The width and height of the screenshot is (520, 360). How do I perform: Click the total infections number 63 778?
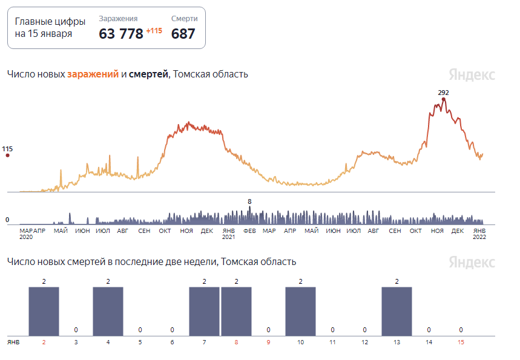[121, 33]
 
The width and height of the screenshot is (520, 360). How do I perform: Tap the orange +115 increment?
[154, 31]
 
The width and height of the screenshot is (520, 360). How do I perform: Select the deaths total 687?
[183, 33]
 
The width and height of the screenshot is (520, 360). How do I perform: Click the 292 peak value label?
[444, 93]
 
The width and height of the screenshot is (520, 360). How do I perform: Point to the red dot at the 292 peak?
[444, 99]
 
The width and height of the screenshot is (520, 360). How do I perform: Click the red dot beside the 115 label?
[8, 155]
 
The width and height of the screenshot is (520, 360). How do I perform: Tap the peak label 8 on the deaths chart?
[249, 201]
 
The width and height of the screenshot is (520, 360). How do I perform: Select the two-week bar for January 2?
[44, 310]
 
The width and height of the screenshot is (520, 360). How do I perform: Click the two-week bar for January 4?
[108, 310]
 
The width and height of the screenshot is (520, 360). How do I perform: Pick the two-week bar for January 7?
[204, 310]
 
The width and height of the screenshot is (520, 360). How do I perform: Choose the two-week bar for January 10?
[300, 310]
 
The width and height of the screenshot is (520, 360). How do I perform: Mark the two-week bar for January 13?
[397, 310]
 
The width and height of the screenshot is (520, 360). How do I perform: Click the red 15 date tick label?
[461, 342]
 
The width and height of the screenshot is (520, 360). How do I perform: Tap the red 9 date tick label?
[268, 342]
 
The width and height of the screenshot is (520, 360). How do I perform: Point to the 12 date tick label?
[364, 342]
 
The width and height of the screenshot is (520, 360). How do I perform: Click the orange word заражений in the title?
[93, 74]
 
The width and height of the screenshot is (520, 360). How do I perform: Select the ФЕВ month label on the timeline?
[249, 231]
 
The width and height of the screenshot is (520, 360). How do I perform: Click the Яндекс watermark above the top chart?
[472, 74]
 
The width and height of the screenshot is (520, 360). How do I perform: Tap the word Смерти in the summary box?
[185, 19]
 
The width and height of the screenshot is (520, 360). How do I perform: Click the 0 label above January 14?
[429, 330]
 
